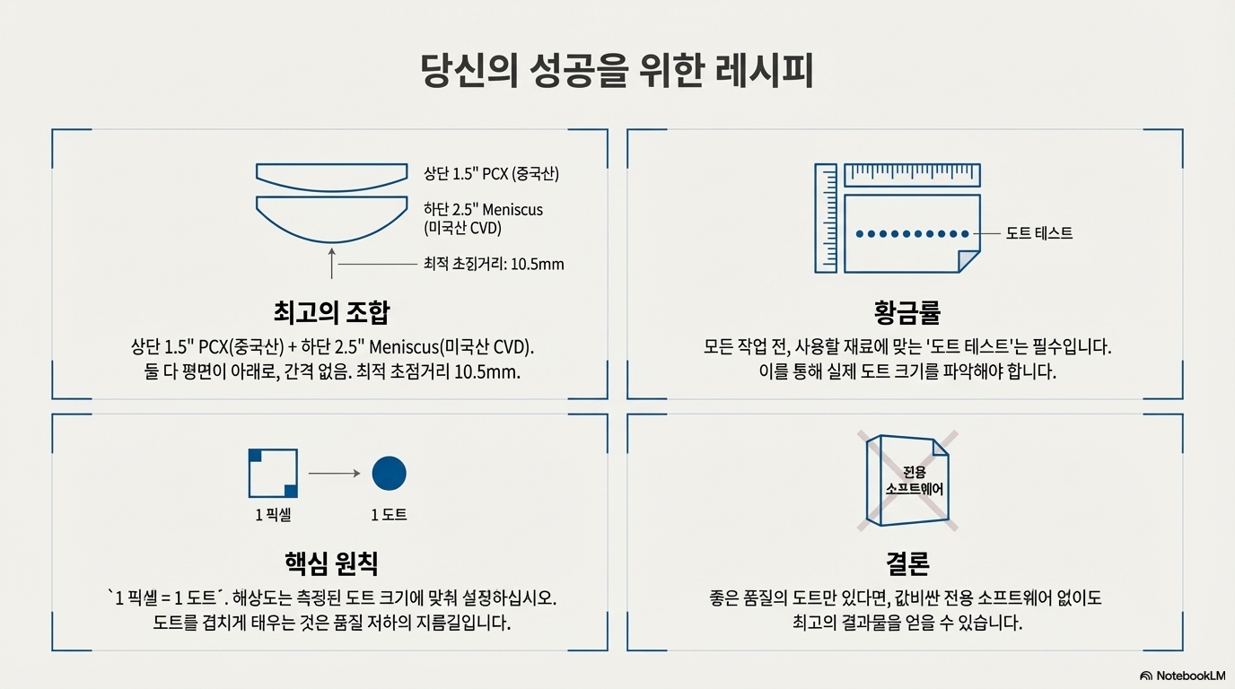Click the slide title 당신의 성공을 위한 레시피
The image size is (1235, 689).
[617, 72]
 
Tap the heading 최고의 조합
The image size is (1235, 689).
[331, 312]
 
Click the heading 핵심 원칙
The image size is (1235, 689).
[331, 563]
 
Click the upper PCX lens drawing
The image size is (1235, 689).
[331, 174]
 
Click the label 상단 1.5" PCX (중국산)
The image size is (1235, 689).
[491, 173]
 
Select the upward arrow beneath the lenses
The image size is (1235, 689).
[331, 266]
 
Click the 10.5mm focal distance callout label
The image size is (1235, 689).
[494, 265]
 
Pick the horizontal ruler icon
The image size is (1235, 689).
[912, 175]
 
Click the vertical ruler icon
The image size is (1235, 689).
[826, 217]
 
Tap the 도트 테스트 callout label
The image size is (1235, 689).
[1039, 233]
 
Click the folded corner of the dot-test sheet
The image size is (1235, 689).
[969, 261]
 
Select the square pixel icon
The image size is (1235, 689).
[273, 473]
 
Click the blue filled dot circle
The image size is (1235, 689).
[389, 473]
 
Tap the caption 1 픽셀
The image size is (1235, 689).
[273, 515]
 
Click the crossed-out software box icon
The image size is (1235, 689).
[907, 481]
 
